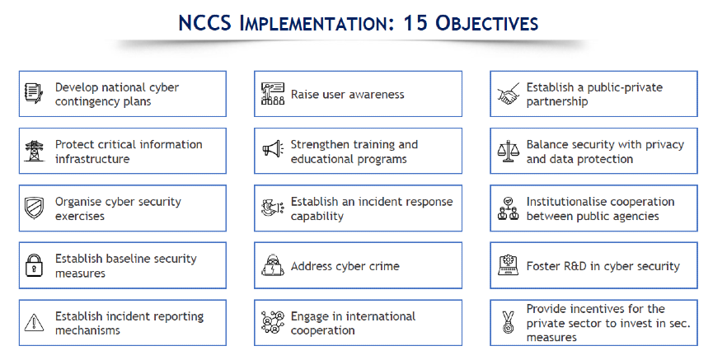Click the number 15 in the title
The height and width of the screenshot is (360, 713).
pyautogui.click(x=415, y=23)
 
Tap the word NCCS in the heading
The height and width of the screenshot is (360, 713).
pyautogui.click(x=204, y=23)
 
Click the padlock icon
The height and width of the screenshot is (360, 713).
pyautogui.click(x=34, y=265)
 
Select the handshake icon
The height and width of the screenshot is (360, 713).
pyautogui.click(x=509, y=94)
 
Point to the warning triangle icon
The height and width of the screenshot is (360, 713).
pyautogui.click(x=34, y=323)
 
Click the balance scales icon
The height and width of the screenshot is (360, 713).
pyautogui.click(x=508, y=151)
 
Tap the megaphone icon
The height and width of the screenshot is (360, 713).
pyautogui.click(x=273, y=150)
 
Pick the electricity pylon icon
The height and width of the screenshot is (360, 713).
pyautogui.click(x=34, y=151)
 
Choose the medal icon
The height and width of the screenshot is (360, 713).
pyautogui.click(x=509, y=323)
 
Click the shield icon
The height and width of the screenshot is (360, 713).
pyautogui.click(x=34, y=208)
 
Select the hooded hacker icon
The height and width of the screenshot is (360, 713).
pyautogui.click(x=273, y=265)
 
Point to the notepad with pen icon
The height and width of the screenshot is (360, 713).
pyautogui.click(x=34, y=93)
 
